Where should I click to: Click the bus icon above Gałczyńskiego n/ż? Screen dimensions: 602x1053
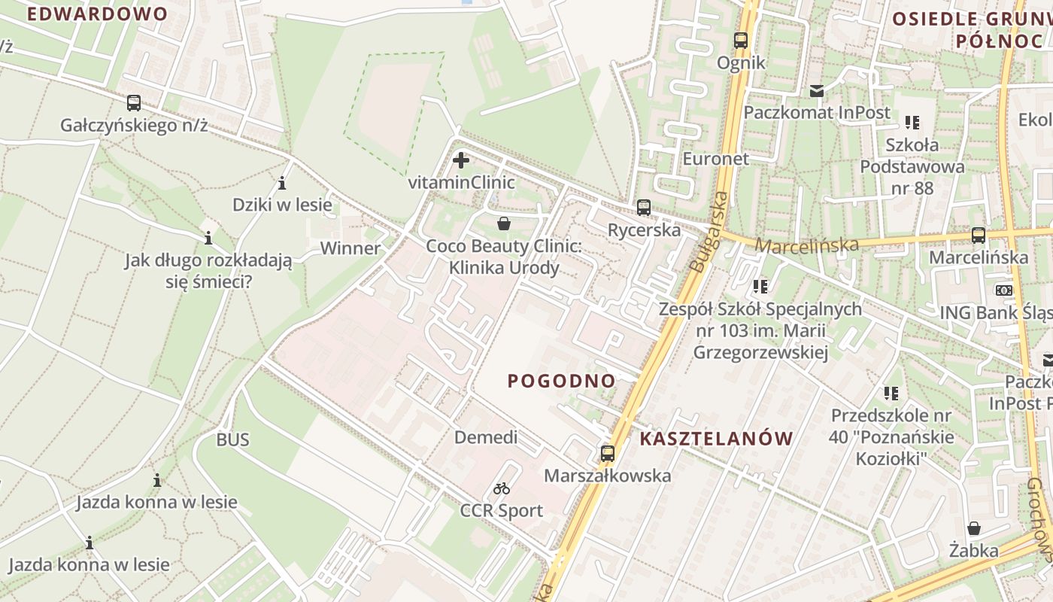click(x=134, y=103)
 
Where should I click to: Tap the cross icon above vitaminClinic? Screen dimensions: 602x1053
click(x=461, y=160)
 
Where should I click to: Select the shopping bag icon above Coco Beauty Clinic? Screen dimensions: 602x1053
click(x=504, y=223)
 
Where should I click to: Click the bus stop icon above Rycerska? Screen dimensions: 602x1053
click(x=643, y=208)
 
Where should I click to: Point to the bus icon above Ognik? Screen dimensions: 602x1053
click(x=741, y=41)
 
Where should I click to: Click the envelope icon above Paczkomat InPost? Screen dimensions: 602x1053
click(x=816, y=91)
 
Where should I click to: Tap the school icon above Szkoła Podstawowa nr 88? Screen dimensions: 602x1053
click(x=912, y=122)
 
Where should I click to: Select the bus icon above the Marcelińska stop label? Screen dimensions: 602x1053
click(x=978, y=236)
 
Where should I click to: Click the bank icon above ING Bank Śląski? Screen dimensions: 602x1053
click(x=1003, y=290)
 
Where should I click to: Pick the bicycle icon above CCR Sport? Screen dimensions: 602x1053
click(x=502, y=488)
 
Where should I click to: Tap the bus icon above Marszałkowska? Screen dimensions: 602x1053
click(x=607, y=454)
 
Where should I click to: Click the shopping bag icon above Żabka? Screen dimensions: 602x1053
click(x=973, y=528)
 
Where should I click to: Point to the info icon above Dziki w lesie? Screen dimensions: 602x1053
click(x=282, y=183)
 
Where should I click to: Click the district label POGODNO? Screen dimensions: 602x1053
click(x=561, y=381)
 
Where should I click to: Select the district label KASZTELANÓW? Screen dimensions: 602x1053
click(x=716, y=439)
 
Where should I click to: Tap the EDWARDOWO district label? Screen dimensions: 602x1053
click(x=97, y=14)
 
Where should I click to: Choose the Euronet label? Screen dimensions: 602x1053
click(x=715, y=159)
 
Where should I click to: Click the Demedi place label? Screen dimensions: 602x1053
click(x=486, y=437)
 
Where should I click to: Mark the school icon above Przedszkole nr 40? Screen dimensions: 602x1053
click(x=891, y=393)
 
